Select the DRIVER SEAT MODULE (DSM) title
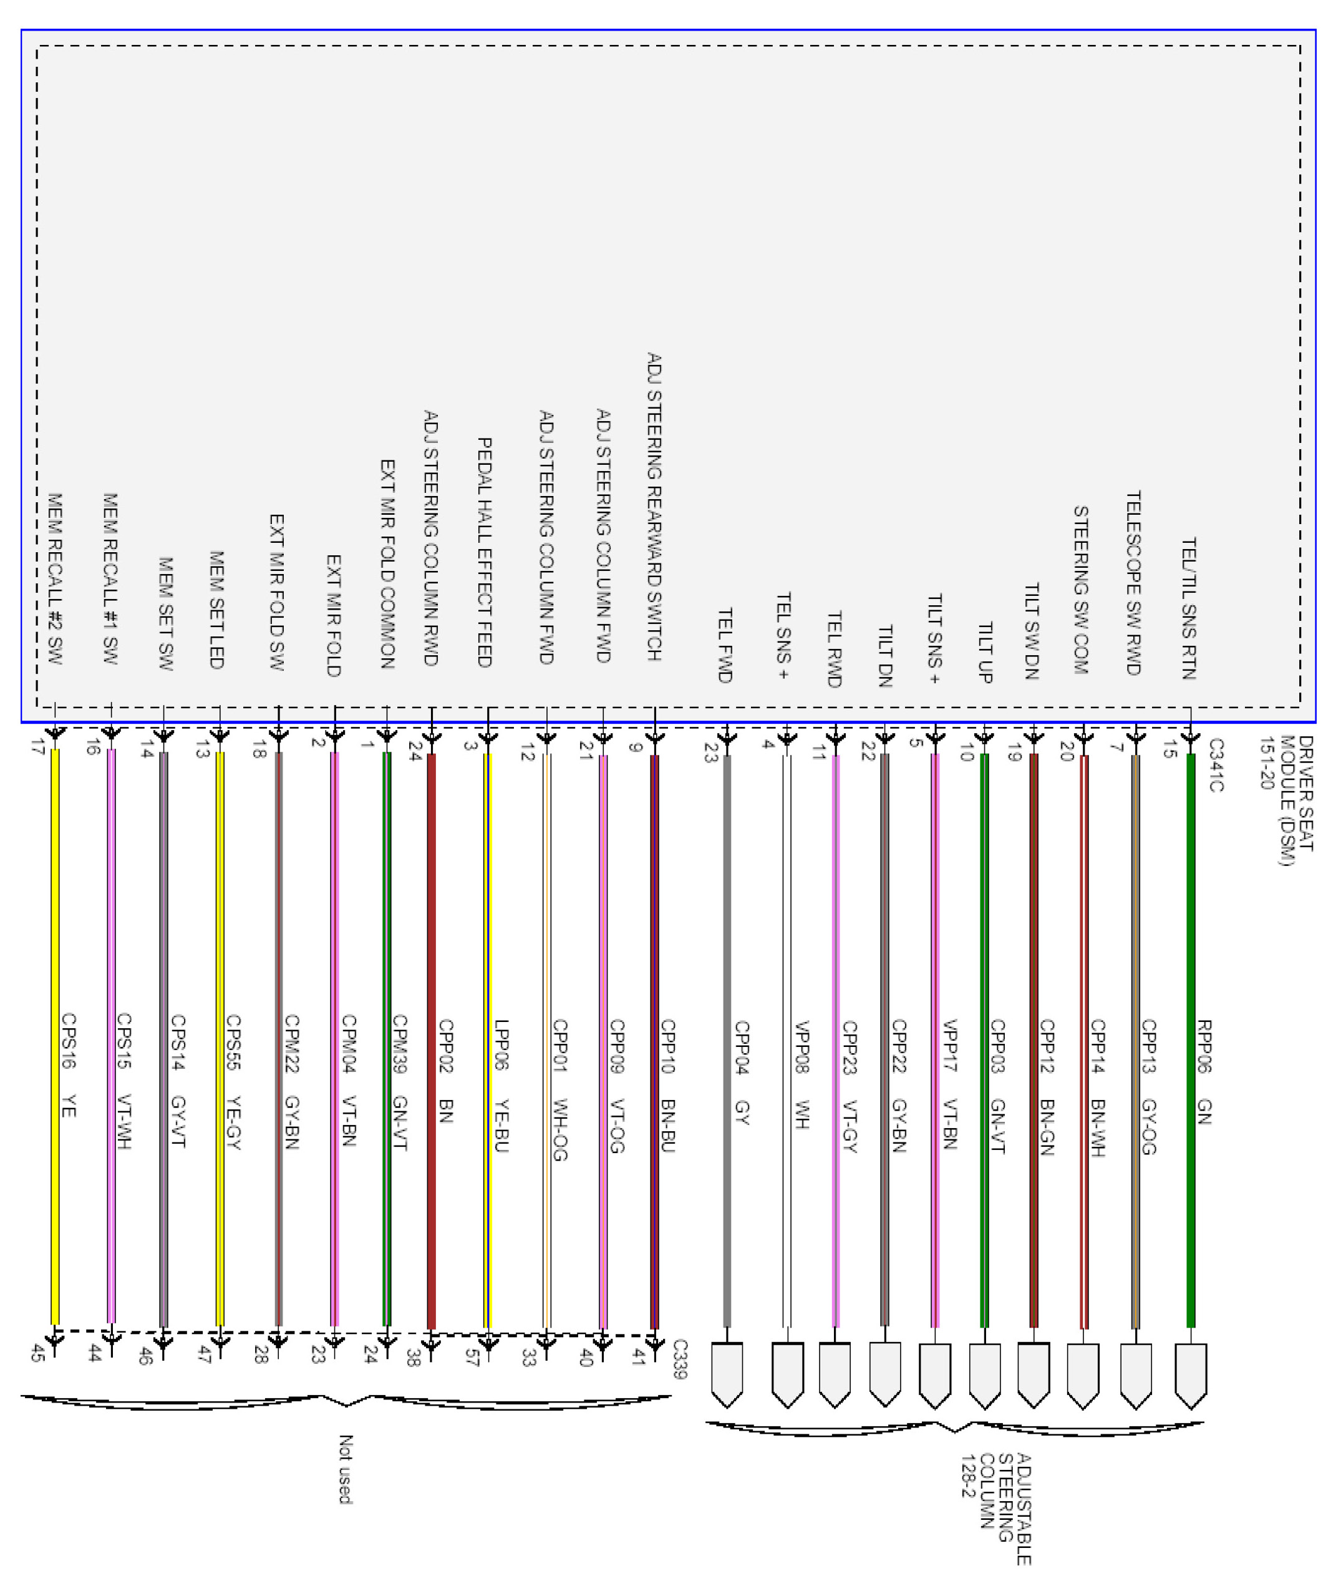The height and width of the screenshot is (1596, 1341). pos(1285,800)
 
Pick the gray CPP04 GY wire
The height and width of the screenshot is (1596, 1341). pos(727,950)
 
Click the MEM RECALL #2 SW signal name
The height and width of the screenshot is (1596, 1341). pos(55,578)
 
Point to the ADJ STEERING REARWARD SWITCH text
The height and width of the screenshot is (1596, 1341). pos(654,507)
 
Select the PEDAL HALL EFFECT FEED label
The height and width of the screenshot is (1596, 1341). pos(484,552)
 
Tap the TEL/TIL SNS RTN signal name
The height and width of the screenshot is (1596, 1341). pos(1189,608)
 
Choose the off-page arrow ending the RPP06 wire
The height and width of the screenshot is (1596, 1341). pos(1191,1375)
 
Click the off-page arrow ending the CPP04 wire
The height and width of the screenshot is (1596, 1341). pos(727,1375)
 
